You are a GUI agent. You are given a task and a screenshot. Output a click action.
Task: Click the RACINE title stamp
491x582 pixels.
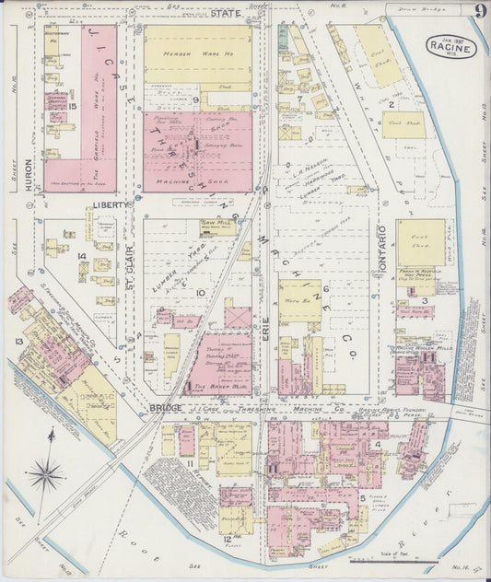[451, 47]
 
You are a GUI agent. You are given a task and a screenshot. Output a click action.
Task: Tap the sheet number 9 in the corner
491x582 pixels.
[481, 13]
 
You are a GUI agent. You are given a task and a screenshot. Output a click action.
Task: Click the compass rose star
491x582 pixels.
[44, 475]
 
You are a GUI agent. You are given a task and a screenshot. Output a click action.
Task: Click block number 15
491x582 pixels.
[71, 107]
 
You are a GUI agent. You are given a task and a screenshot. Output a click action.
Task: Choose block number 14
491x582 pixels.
[81, 256]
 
